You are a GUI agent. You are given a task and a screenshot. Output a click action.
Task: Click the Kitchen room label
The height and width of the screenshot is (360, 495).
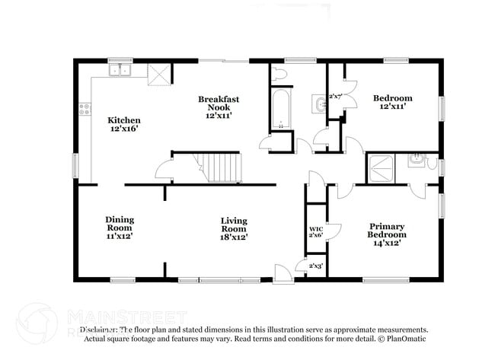[x=123, y=124]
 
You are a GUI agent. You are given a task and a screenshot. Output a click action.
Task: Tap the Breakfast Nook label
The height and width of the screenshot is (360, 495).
[x=215, y=107]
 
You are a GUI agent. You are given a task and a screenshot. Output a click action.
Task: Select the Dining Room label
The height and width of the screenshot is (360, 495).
[x=120, y=228]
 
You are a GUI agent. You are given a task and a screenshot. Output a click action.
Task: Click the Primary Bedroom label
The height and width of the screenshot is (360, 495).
[x=387, y=234]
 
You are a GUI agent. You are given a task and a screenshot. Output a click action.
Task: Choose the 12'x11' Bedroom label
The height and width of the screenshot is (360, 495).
[x=392, y=102]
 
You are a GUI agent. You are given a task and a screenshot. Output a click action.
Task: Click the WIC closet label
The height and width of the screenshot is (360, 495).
[x=315, y=232]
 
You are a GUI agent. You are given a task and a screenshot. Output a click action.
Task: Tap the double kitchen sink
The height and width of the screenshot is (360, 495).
[x=120, y=72]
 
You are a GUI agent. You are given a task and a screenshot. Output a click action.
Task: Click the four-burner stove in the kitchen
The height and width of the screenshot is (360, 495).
[x=85, y=108]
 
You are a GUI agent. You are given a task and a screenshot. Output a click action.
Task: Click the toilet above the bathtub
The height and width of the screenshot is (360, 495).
[x=278, y=74]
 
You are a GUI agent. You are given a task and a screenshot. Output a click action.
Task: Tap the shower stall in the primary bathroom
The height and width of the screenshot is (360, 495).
[x=381, y=167]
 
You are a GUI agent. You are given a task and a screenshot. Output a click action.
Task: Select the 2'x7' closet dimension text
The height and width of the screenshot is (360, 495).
[x=335, y=97]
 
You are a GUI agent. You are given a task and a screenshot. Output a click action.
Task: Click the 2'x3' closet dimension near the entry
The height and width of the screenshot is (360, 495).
[x=314, y=266]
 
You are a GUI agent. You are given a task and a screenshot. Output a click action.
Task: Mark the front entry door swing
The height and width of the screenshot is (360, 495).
[x=283, y=273]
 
